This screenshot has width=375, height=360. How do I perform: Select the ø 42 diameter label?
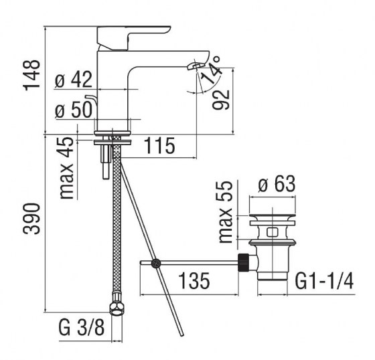pyautogui.click(x=73, y=80)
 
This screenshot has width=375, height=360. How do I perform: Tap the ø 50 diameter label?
pyautogui.click(x=73, y=111)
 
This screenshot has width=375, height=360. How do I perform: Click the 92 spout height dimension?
pyautogui.click(x=225, y=99)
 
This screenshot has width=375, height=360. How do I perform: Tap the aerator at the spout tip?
pyautogui.click(x=195, y=65)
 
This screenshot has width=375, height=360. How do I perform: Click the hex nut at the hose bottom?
pyautogui.click(x=118, y=310)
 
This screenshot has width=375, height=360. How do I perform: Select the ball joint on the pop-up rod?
pyautogui.click(x=156, y=264)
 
